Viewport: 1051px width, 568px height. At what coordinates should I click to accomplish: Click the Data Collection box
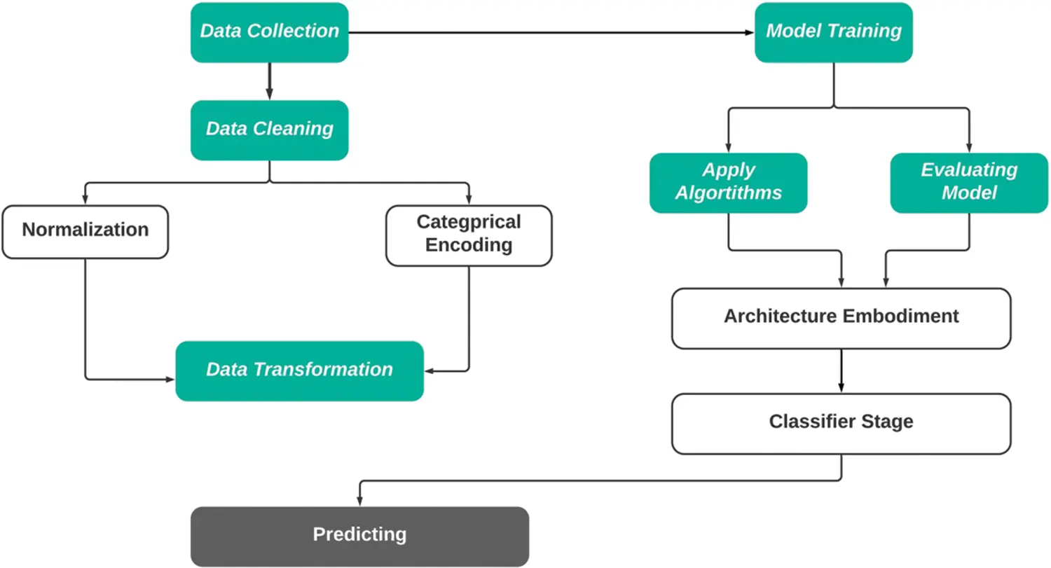pyautogui.click(x=270, y=32)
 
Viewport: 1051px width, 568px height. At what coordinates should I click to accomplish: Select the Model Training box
pyautogui.click(x=833, y=32)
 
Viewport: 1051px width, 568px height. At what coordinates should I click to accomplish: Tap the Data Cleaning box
pyautogui.click(x=270, y=130)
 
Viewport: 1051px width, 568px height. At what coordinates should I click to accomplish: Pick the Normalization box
pyautogui.click(x=85, y=230)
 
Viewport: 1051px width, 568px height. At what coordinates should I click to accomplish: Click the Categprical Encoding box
pyautogui.click(x=469, y=235)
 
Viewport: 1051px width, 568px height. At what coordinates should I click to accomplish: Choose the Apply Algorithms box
pyautogui.click(x=728, y=182)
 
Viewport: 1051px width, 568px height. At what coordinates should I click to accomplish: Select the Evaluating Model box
pyautogui.click(x=969, y=182)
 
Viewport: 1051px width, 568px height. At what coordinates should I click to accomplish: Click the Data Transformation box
pyautogui.click(x=299, y=370)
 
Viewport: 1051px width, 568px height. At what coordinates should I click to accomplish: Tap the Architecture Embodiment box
pyautogui.click(x=841, y=317)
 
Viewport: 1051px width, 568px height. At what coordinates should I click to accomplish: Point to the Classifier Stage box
pyautogui.click(x=841, y=423)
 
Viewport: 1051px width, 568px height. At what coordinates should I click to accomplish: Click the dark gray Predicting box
pyautogui.click(x=359, y=536)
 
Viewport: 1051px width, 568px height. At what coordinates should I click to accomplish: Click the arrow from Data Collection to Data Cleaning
pyautogui.click(x=269, y=81)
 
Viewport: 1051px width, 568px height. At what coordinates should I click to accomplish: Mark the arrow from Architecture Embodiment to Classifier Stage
pyautogui.click(x=841, y=370)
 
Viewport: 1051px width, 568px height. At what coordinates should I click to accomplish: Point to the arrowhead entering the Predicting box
pyautogui.click(x=359, y=500)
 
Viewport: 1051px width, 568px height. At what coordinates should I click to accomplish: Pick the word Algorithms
pyautogui.click(x=728, y=193)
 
